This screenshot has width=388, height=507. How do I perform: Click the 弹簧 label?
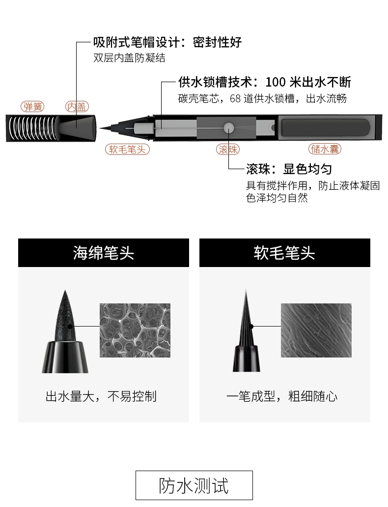[33, 106]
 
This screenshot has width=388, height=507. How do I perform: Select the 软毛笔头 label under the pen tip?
[128, 149]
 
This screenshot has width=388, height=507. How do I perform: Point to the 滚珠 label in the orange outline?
[228, 149]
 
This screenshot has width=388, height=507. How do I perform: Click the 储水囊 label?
[325, 149]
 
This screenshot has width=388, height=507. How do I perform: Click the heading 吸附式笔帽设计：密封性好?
[167, 42]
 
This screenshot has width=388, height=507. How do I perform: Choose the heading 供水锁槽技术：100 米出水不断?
[265, 82]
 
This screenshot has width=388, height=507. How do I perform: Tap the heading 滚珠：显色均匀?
[289, 170]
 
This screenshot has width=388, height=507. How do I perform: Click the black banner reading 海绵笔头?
[104, 253]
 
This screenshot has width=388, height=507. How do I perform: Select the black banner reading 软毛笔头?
[284, 253]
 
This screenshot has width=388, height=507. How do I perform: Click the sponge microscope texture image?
[135, 330]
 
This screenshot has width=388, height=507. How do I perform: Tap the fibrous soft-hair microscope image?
[316, 330]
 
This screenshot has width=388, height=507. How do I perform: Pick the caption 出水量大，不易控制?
[101, 396]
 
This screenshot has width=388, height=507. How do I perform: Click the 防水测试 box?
[194, 485]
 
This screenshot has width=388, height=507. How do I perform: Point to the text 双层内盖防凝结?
[129, 58]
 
